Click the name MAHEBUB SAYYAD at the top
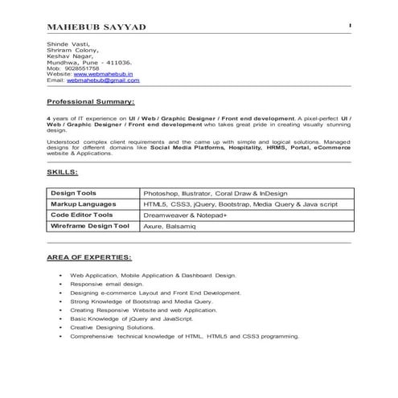(x=96, y=28)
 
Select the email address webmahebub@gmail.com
(x=103, y=80)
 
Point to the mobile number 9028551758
(x=82, y=68)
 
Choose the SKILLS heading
(x=63, y=172)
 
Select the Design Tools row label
(x=73, y=194)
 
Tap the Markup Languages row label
(x=83, y=204)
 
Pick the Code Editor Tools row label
(x=81, y=215)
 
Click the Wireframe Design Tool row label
(x=89, y=227)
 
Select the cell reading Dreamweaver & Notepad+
(x=185, y=215)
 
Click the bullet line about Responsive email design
(x=107, y=285)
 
